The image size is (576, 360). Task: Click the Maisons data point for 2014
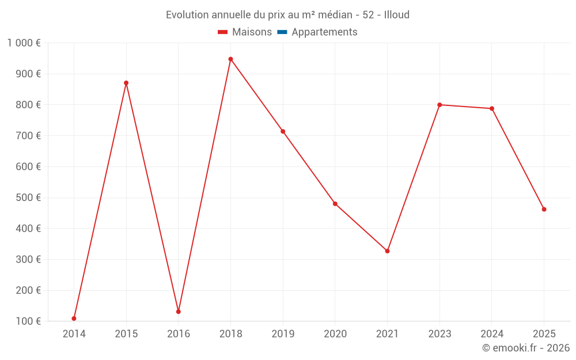tap(74, 319)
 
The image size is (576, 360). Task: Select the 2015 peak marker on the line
tap(126, 83)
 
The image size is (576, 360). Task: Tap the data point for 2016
tap(179, 312)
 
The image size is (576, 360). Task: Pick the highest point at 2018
tap(230, 59)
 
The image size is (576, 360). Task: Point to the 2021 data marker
tap(387, 251)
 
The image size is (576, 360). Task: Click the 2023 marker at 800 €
tap(439, 105)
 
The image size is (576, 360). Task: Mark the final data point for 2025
tap(544, 209)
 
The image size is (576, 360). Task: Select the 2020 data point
tap(335, 204)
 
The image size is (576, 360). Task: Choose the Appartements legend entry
tap(324, 32)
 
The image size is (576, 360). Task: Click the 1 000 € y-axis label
tap(24, 43)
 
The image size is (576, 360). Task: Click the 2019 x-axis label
tap(283, 334)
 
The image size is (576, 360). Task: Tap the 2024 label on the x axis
tap(492, 334)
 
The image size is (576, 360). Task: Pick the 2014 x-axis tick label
tap(74, 334)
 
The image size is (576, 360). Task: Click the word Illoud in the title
tap(397, 15)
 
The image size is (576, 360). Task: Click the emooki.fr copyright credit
tap(526, 348)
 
